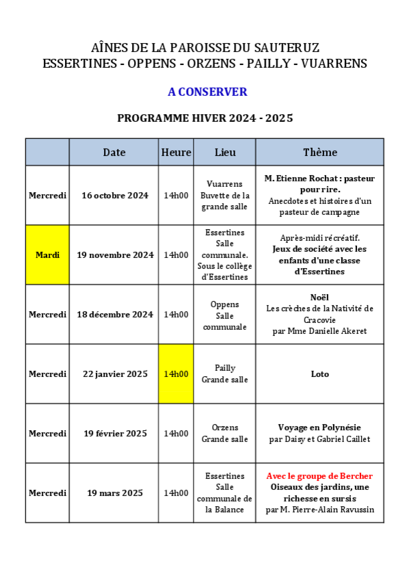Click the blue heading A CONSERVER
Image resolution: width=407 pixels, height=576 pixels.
point(207,92)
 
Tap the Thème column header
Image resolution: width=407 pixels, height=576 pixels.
point(320,152)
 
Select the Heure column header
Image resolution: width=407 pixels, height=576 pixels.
point(176,152)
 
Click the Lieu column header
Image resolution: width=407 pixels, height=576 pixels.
point(225,152)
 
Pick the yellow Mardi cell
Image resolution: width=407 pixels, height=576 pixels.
point(47,254)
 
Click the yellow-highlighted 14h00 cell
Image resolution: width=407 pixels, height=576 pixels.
point(176,374)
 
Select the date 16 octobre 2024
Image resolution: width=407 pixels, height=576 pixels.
point(115,196)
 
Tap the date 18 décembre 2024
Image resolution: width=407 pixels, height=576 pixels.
point(115,315)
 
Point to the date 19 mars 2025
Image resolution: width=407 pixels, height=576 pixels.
point(115,493)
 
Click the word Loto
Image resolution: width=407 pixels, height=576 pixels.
point(319,374)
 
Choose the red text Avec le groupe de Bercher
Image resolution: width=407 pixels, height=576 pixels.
point(319,476)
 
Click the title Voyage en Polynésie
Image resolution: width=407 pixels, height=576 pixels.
point(319,428)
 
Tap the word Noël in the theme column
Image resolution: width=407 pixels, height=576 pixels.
point(319,297)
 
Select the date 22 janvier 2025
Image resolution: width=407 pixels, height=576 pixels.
point(115,374)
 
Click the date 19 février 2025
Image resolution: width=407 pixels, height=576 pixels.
point(115,434)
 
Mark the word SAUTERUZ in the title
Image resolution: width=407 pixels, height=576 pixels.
point(287,48)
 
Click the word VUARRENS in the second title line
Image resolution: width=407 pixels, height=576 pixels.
point(334,64)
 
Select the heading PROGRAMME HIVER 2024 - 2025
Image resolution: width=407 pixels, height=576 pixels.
point(205,118)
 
